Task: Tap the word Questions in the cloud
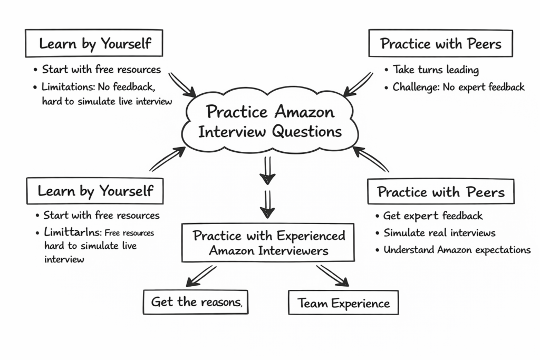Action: (306, 131)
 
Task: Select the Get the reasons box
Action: (196, 302)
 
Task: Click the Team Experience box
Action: (343, 303)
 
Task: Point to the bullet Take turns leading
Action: (436, 70)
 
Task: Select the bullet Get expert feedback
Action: (433, 216)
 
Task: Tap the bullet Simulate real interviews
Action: (439, 233)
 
